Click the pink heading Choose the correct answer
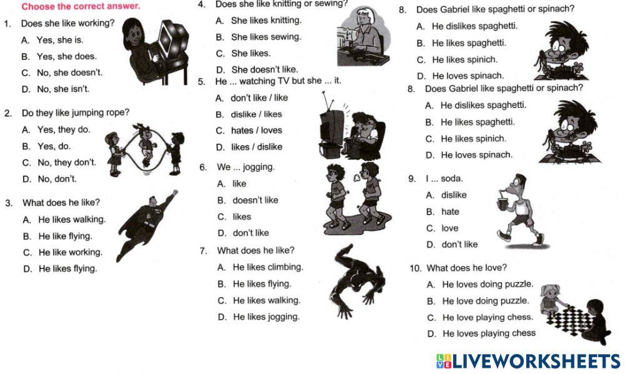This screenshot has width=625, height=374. click(x=81, y=6)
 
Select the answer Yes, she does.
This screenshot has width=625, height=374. click(x=67, y=57)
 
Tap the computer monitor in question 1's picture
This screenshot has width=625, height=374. click(x=172, y=39)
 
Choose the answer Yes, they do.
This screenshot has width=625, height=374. click(x=64, y=129)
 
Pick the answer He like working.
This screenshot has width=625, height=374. click(x=71, y=252)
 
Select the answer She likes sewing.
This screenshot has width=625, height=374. click(x=266, y=37)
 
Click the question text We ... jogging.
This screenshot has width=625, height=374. click(x=246, y=167)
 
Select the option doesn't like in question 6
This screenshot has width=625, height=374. click(x=255, y=200)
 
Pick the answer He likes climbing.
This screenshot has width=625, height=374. click(x=268, y=267)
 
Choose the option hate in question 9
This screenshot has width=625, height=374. click(x=450, y=212)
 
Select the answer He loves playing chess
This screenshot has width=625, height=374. click(x=489, y=333)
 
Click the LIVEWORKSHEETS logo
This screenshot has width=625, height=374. click(x=528, y=361)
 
